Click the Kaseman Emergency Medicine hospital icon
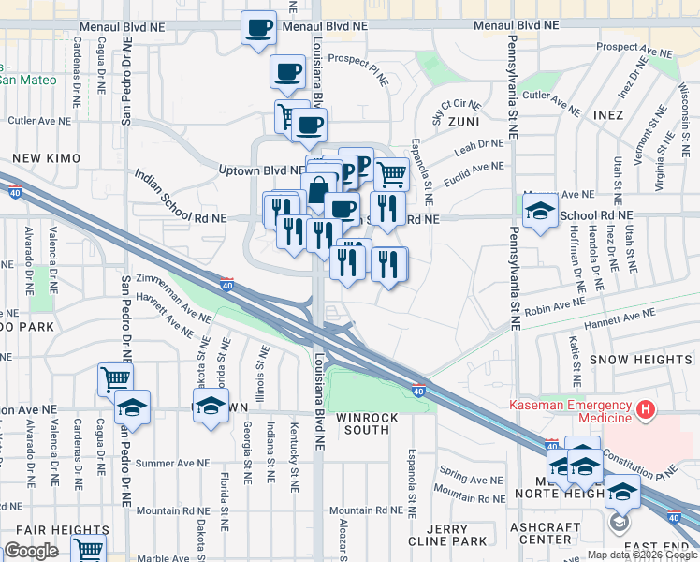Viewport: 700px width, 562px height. point(645,409)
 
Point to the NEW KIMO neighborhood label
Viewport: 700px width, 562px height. point(40,159)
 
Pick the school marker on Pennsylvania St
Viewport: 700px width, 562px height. point(540,212)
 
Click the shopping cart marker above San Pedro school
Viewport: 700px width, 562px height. point(115,378)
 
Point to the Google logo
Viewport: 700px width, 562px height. point(32,551)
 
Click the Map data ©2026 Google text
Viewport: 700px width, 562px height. point(641,555)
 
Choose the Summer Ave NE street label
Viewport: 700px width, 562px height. point(176,464)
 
